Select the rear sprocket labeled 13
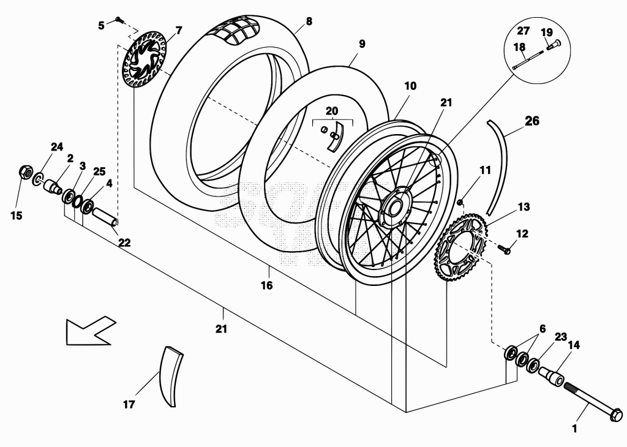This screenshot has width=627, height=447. pos(460,248)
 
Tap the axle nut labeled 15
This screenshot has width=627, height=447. pos(25,171)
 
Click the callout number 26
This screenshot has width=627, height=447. pos(532,121)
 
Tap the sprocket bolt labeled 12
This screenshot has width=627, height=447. pos(505,249)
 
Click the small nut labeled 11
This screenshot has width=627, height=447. pos(460,202)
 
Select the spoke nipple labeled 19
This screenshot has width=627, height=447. pos(553,45)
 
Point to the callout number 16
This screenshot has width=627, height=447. pos(267,285)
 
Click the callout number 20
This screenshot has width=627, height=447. pos(332,111)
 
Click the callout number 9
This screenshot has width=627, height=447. pos(362,43)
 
